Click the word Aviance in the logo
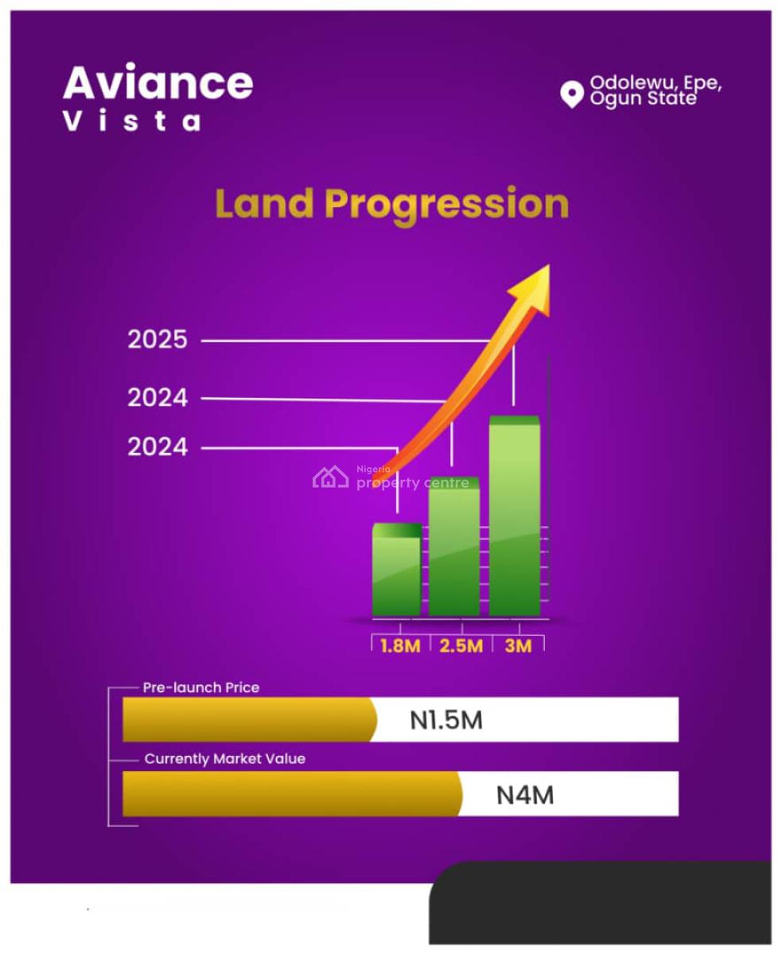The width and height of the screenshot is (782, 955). (x=158, y=83)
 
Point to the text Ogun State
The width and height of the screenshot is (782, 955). (x=643, y=99)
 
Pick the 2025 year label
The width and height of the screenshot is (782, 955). (x=158, y=340)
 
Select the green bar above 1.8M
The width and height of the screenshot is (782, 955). (x=396, y=571)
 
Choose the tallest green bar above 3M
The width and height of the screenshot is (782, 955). (x=514, y=517)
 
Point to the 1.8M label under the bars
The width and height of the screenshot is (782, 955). (x=399, y=645)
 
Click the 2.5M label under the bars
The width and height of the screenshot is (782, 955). (x=461, y=645)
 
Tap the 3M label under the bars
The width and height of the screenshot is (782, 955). (x=518, y=645)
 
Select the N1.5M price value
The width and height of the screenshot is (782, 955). (x=446, y=720)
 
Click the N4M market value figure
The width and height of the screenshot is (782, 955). (x=525, y=794)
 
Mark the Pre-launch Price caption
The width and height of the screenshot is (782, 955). (x=200, y=687)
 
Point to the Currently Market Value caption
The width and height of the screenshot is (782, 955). (x=224, y=759)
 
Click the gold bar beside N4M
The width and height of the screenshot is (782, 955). (x=291, y=794)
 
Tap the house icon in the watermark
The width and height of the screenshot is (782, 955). (x=331, y=477)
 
